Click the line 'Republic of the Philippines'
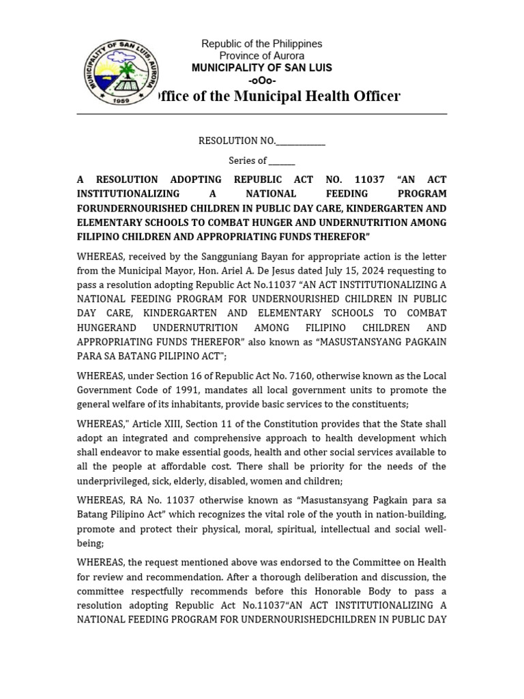pos(261,44)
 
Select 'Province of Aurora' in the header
pos(261,55)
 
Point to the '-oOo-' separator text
pos(261,80)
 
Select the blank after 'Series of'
pos(281,161)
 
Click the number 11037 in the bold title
pos(370,180)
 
